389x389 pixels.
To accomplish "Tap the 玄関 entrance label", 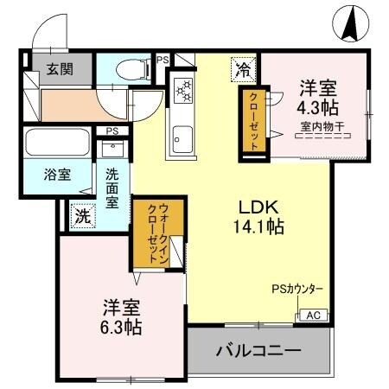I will [58, 70].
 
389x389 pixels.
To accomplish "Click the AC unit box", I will [314, 316].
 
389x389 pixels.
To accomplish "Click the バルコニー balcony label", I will [258, 352].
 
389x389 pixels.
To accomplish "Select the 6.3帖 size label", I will [122, 328].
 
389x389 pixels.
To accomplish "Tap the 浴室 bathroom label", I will [58, 174].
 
